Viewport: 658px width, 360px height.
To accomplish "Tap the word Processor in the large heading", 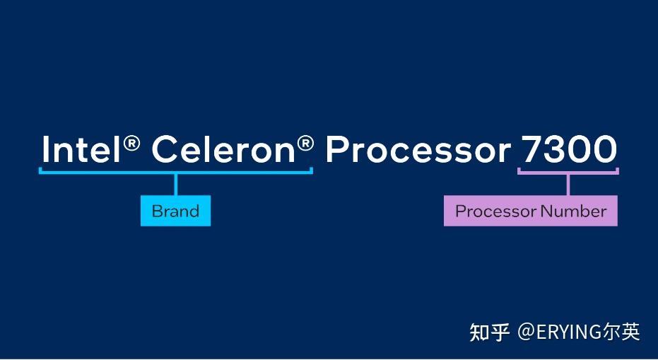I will click(418, 150).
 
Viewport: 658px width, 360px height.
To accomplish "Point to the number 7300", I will click(568, 150).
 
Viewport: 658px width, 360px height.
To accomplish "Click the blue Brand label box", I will click(175, 211).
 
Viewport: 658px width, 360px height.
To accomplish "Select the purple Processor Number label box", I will click(530, 211).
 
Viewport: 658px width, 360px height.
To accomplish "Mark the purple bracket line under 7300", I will click(544, 171).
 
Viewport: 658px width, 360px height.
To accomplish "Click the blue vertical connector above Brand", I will click(175, 184).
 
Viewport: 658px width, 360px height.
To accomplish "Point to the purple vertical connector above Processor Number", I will click(568, 184).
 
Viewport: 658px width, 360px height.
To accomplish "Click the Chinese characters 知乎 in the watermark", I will click(489, 332).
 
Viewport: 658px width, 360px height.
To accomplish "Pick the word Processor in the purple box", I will click(496, 211).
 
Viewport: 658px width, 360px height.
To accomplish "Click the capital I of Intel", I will click(45, 150).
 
